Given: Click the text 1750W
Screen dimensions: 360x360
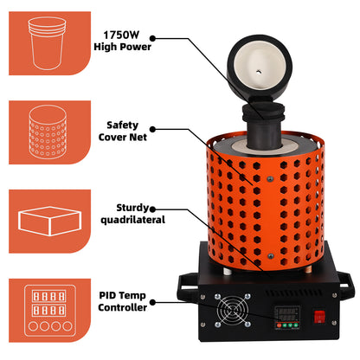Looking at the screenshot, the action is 121,35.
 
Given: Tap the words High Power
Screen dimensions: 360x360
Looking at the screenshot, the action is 122,47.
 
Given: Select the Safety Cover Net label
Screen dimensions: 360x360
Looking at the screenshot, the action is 123,131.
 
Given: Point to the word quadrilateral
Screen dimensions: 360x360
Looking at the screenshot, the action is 132,220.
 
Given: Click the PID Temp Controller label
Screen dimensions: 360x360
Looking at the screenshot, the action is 122,301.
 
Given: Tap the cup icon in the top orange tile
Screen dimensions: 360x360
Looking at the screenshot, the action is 47,43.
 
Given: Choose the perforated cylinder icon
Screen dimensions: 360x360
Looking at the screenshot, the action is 48,132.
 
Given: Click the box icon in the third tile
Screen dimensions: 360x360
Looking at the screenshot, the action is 49,221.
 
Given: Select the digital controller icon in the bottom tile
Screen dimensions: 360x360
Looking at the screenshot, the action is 50,311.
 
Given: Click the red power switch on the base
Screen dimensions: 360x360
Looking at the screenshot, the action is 319,317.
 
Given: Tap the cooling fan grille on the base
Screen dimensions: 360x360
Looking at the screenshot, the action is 233,311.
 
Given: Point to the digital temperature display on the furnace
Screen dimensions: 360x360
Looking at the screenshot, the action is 286,318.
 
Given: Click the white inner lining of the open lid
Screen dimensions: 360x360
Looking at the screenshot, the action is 260,67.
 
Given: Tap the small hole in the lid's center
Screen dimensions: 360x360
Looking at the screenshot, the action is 259,72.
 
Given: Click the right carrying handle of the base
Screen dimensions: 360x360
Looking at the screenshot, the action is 345,283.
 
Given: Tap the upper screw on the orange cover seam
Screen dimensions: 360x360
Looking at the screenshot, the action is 270,179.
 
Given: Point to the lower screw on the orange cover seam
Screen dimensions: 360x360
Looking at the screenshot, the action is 270,256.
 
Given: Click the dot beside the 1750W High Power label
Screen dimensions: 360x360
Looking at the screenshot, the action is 153,38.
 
